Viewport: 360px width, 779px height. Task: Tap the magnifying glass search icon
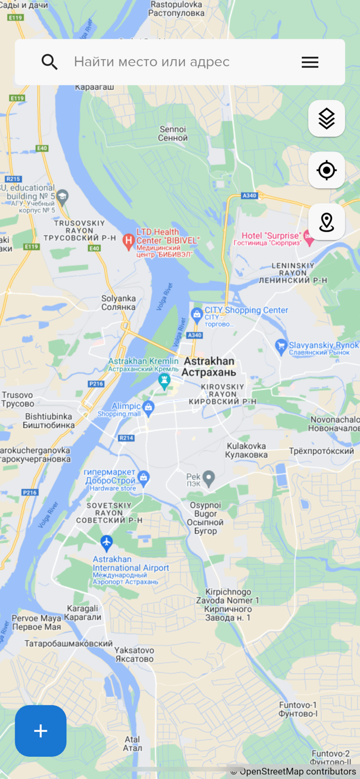[x=49, y=62]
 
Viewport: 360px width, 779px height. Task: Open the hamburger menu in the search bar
[x=310, y=62]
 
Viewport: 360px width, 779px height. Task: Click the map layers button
[x=326, y=118]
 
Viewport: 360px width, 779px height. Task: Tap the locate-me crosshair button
[x=326, y=170]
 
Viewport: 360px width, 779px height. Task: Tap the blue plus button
[x=41, y=731]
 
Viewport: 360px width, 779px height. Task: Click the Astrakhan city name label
[x=209, y=367]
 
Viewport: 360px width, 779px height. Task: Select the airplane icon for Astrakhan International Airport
[x=106, y=543]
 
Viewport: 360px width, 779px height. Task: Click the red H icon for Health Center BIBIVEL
[x=128, y=240]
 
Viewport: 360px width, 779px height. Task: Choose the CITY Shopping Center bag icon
[x=197, y=314]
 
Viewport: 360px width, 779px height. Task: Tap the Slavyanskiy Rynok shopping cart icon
[x=281, y=345]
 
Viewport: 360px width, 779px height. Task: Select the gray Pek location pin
[x=209, y=477]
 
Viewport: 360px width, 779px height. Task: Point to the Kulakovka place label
[x=246, y=450]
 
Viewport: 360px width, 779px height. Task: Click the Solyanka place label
[x=118, y=303]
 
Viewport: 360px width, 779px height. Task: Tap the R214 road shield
[x=126, y=438]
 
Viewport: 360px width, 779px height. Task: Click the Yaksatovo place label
[x=134, y=654]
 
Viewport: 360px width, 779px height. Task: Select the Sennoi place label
[x=173, y=133]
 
